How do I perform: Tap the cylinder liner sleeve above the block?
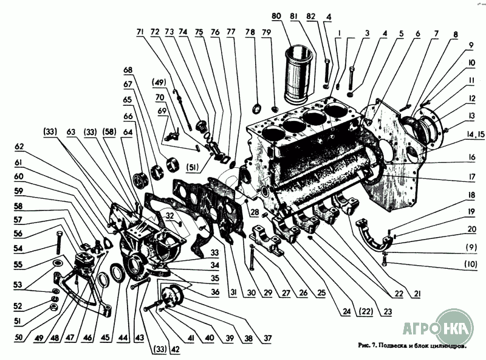tap(299, 73)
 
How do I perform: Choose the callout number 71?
tap(140, 31)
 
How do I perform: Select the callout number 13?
tap(454, 116)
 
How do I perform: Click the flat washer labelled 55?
tap(56, 263)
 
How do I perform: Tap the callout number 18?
tap(454, 195)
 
